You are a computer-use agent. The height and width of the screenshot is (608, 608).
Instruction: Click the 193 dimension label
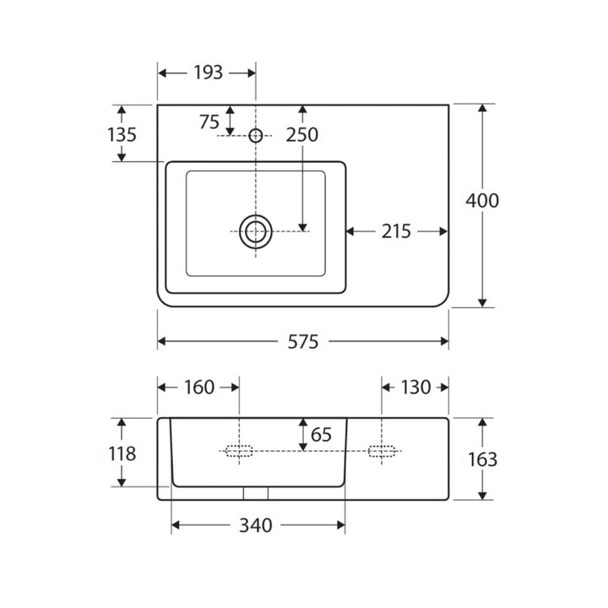[x=209, y=73]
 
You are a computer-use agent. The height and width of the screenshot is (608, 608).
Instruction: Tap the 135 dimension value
[x=122, y=135]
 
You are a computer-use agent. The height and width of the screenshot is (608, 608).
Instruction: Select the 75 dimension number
[x=209, y=122]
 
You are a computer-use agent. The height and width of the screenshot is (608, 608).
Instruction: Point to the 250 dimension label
[x=302, y=135]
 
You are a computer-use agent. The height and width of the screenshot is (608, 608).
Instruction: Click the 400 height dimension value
[x=482, y=201]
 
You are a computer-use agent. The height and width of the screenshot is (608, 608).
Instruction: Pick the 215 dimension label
[x=396, y=231]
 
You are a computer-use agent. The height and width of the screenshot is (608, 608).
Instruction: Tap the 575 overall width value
[x=303, y=342]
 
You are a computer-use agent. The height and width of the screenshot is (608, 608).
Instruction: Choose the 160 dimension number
[x=199, y=388]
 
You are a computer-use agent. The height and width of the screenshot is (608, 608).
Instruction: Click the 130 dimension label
[x=415, y=388]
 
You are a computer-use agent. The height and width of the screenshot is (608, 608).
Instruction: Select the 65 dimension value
[x=321, y=435]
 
